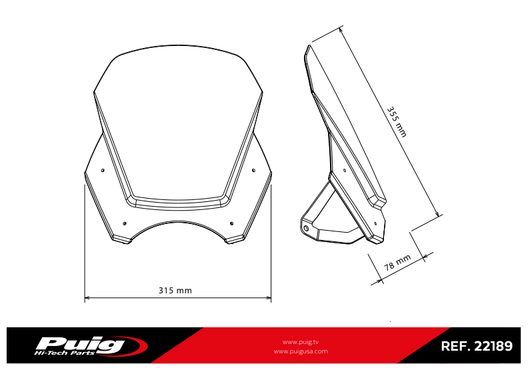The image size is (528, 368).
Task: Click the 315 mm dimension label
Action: tap(175, 290)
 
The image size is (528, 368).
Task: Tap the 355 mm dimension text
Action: tap(397, 121)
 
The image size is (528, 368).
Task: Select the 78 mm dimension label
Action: tap(398, 263)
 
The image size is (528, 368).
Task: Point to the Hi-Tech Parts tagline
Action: tap(69, 352)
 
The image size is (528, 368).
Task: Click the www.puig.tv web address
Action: tap(301, 341)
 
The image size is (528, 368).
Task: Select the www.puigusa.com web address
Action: tap(301, 351)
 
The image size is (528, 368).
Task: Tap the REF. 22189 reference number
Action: tap(476, 347)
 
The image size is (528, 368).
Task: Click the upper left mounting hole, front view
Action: tap(102, 171)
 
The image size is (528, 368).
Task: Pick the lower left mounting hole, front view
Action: tap(125, 223)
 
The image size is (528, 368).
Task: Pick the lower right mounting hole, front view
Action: tap(231, 223)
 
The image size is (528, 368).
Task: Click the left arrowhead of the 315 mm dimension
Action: tap(87, 297)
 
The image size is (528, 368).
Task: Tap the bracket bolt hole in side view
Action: tap(306, 229)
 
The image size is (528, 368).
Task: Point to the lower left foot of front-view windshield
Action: tap(122, 238)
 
